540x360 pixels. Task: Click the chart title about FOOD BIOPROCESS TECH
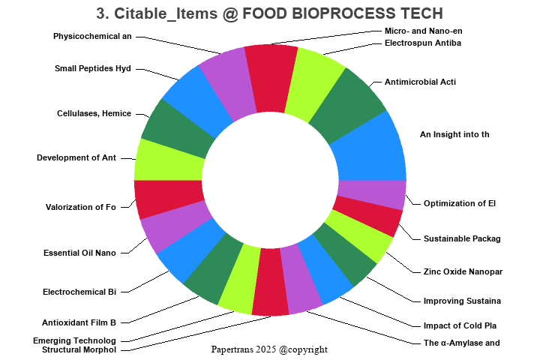click(270, 13)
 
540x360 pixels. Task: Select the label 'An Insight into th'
click(454, 134)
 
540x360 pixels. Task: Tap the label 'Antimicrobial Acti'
click(420, 82)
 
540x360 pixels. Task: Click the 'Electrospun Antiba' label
click(422, 43)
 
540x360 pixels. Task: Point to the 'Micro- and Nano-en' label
click(423, 31)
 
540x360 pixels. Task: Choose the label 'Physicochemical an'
click(92, 36)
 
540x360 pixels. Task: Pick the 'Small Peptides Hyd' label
click(93, 68)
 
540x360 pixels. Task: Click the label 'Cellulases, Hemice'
click(94, 113)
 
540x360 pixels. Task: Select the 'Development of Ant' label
click(76, 157)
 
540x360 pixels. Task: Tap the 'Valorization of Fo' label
click(81, 207)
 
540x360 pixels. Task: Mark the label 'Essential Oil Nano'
click(79, 253)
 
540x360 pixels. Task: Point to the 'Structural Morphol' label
click(79, 349)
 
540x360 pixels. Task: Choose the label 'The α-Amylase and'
click(462, 343)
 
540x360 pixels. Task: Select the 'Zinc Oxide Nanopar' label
click(463, 271)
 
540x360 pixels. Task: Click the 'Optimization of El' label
click(460, 203)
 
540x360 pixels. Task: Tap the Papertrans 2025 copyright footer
click(269, 349)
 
